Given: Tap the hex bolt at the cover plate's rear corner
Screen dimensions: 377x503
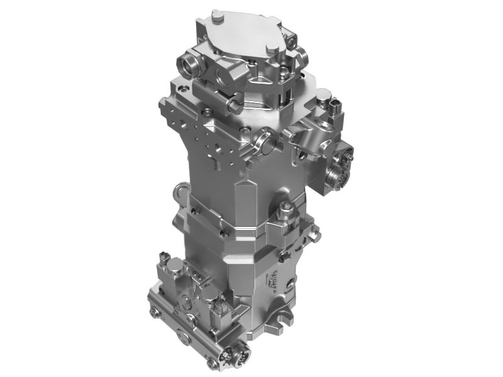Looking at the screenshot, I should (217, 14).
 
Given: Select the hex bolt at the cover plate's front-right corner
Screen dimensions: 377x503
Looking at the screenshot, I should (272, 48).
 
